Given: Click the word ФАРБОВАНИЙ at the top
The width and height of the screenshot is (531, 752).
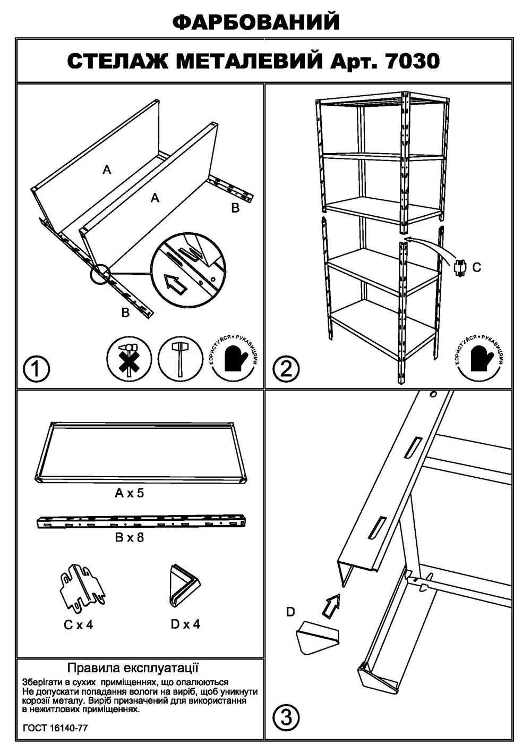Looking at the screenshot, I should click(256, 22).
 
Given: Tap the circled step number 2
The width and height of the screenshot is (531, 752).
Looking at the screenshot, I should click(287, 368).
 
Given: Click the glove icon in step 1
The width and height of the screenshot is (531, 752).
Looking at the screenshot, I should click(234, 358).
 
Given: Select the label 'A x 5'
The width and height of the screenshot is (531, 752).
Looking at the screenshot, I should click(130, 493).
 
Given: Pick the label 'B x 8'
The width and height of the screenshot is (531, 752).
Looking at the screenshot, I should click(130, 537).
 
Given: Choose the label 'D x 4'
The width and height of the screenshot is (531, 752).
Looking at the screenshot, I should click(185, 624).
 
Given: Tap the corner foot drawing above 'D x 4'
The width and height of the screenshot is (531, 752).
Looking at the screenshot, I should click(184, 586).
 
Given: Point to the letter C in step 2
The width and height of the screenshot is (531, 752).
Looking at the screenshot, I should click(476, 267).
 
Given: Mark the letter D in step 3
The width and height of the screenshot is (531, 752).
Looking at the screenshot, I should click(290, 612).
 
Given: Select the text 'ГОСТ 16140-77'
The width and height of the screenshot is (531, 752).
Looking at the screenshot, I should click(55, 728).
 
